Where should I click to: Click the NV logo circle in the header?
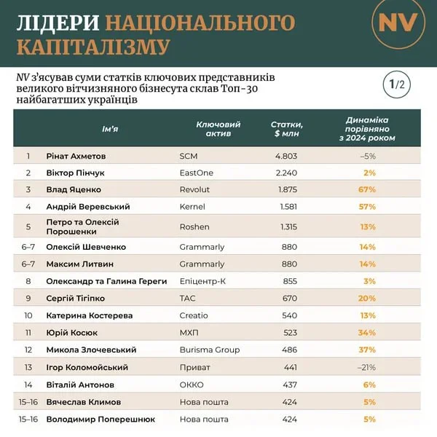(x=398, y=23)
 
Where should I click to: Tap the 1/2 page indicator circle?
(x=396, y=84)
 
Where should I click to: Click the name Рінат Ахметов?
(x=76, y=156)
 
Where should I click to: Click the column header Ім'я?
(x=110, y=130)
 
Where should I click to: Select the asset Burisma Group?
(x=210, y=350)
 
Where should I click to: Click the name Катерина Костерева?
(x=90, y=315)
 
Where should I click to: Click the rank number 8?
(x=28, y=280)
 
